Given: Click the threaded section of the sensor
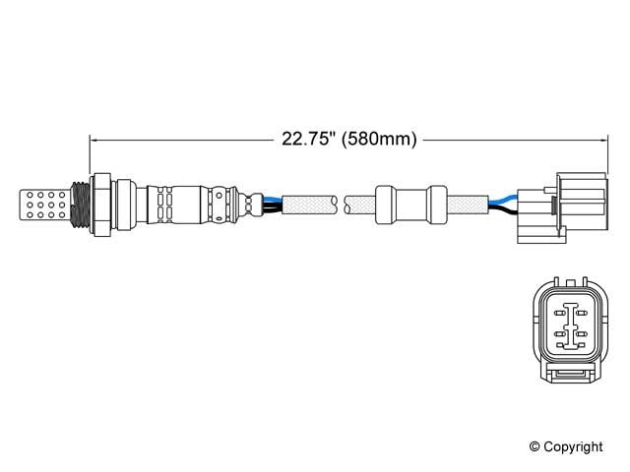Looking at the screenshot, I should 83,203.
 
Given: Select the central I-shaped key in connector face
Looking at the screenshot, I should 569,325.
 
